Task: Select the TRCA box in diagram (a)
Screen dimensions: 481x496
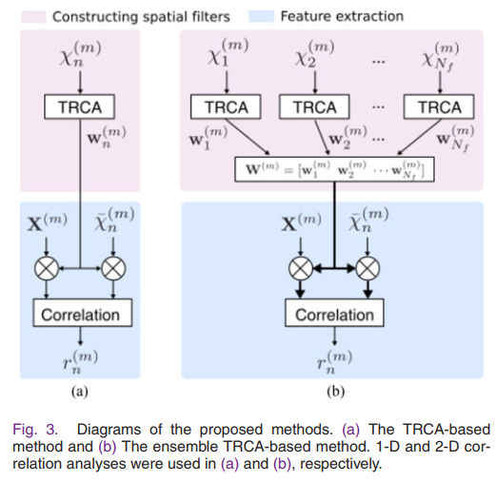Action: [x=79, y=107]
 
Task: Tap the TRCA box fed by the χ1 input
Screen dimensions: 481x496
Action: [x=221, y=107]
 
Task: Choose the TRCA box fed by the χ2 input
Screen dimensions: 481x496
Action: [x=314, y=107]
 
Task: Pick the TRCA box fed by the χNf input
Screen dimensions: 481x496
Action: [x=438, y=107]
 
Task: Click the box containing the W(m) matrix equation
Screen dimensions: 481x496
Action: [x=335, y=172]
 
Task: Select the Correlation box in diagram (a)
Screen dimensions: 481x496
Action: [x=80, y=314]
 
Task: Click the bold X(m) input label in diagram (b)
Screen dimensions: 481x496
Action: [x=301, y=224]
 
